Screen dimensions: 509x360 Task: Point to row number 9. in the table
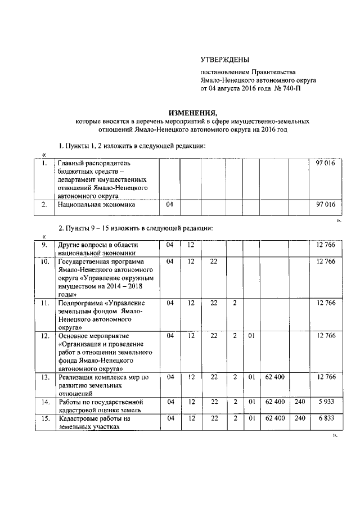click(43, 245)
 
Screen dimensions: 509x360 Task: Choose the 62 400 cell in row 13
click(274, 376)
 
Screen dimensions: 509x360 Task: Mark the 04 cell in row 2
click(170, 205)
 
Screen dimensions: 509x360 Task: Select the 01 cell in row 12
click(252, 336)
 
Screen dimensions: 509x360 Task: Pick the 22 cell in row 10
click(213, 262)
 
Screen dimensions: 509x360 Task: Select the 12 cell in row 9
click(191, 245)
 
